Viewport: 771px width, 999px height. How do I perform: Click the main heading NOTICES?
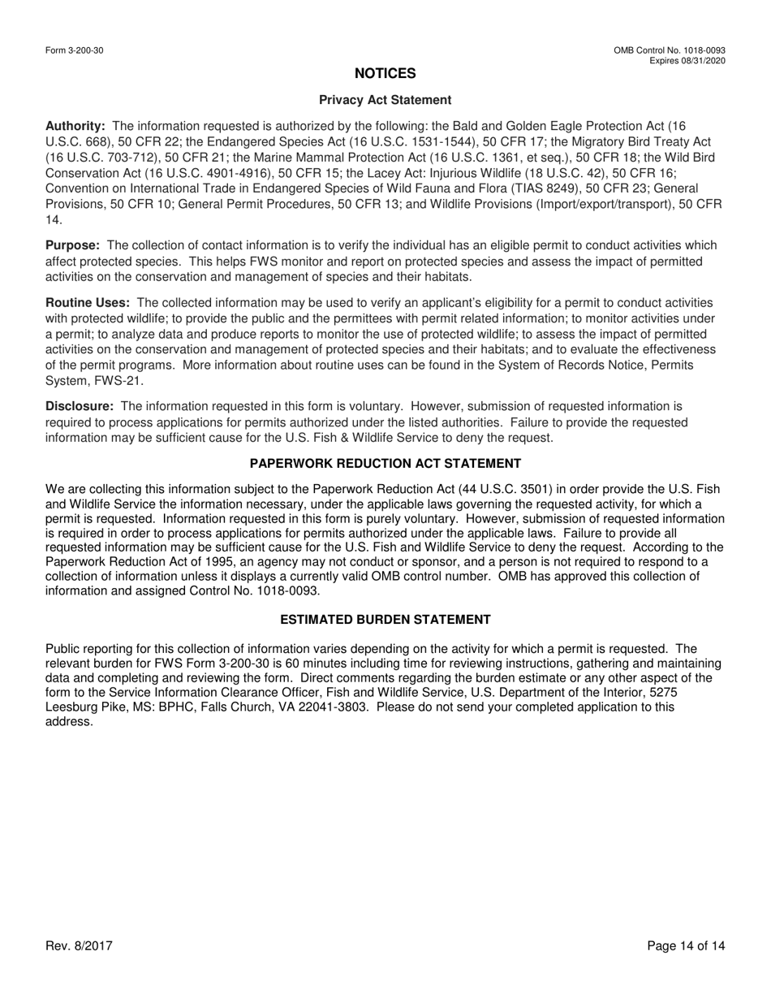385,74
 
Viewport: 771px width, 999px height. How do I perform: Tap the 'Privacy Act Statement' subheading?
385,100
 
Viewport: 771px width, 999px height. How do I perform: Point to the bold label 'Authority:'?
75,126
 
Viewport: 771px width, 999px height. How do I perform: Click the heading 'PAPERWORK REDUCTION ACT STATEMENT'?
385,464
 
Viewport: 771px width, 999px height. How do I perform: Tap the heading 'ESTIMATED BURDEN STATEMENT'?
385,620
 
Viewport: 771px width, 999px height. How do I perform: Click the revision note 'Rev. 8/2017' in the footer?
79,946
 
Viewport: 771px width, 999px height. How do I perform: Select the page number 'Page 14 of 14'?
686,946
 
